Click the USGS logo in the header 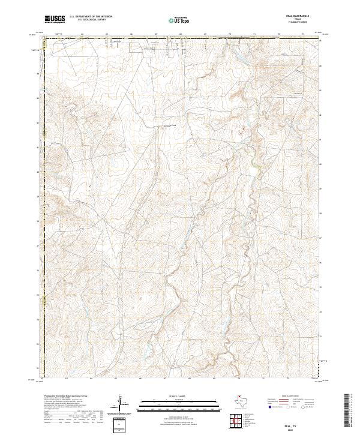[55, 19]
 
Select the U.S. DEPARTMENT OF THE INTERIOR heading [91, 17]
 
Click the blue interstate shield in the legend [271, 407]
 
